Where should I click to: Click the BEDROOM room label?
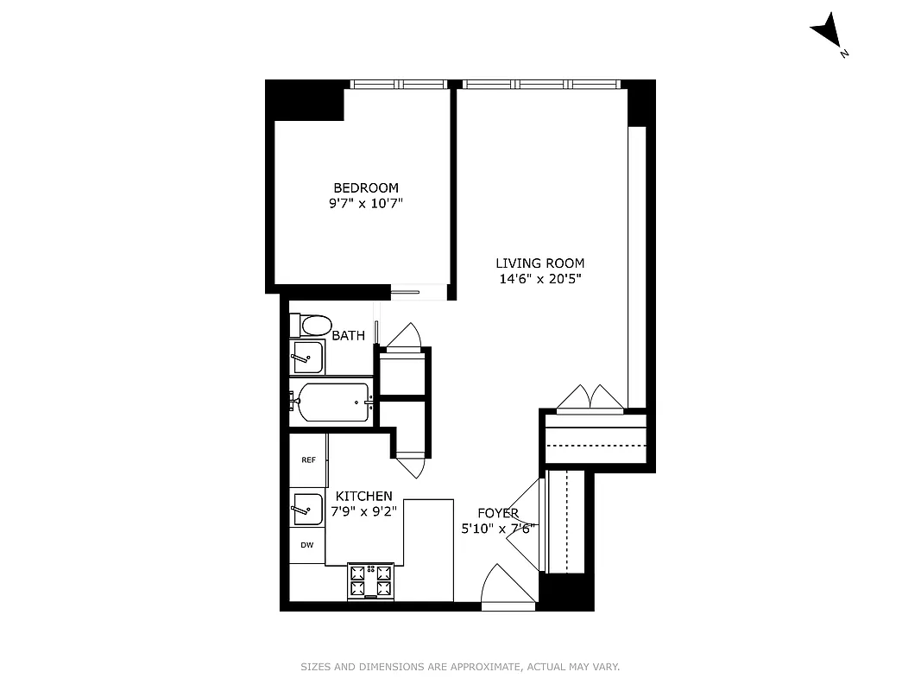pyautogui.click(x=366, y=187)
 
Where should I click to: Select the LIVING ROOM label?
pyautogui.click(x=539, y=263)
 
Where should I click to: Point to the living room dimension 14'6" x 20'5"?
pyautogui.click(x=539, y=279)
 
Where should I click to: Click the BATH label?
pyautogui.click(x=348, y=336)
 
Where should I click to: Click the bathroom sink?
pyautogui.click(x=306, y=357)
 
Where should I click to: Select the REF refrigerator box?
pyautogui.click(x=308, y=460)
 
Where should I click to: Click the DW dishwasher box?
pyautogui.click(x=307, y=545)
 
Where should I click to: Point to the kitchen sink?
pyautogui.click(x=307, y=509)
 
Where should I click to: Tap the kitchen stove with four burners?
pyautogui.click(x=370, y=580)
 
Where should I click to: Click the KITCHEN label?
pyautogui.click(x=364, y=496)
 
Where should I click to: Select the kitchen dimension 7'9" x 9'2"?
pyautogui.click(x=363, y=510)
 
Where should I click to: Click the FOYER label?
pyautogui.click(x=497, y=513)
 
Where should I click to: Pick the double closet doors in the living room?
pyautogui.click(x=590, y=399)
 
